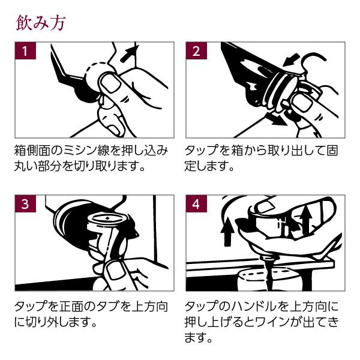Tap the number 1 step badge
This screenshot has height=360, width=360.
click(25, 51)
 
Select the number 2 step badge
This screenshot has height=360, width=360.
click(196, 51)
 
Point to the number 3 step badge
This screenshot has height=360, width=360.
click(25, 203)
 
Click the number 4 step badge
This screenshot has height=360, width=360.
click(196, 203)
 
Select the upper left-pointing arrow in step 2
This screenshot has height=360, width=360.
click(290, 60)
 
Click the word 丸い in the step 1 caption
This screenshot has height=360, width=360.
click(27, 165)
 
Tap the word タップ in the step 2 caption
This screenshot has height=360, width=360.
click(202, 150)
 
